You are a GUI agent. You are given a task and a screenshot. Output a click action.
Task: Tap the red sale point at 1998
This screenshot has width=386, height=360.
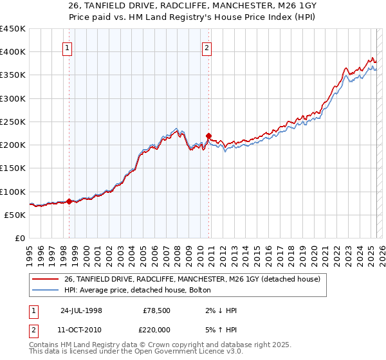pos(69,201)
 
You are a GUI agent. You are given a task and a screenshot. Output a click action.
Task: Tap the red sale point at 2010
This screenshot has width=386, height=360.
pos(208,136)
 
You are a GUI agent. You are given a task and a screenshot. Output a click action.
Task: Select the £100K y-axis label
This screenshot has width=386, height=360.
pos(13,192)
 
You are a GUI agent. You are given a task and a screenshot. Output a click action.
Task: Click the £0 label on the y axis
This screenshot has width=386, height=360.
pos(19,238)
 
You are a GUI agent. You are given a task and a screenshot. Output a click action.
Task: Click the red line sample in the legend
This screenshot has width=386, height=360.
pos(45,279)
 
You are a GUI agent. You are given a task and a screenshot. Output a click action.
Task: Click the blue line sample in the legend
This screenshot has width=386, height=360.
pos(45,291)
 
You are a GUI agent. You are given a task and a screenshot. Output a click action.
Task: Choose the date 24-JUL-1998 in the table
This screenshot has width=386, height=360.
pos(80,310)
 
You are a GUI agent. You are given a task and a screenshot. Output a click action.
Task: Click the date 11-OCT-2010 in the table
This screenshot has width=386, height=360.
pos(80,328)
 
